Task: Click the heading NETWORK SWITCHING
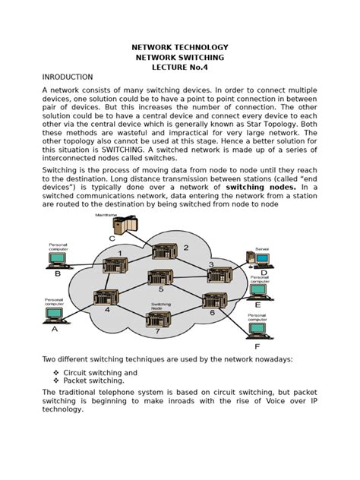179,57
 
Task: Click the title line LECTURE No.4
179,68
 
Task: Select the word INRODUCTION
68,77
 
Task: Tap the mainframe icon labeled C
112,227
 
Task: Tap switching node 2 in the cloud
163,253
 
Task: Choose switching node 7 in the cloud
158,320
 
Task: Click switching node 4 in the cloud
103,298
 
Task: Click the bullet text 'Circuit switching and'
100,373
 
